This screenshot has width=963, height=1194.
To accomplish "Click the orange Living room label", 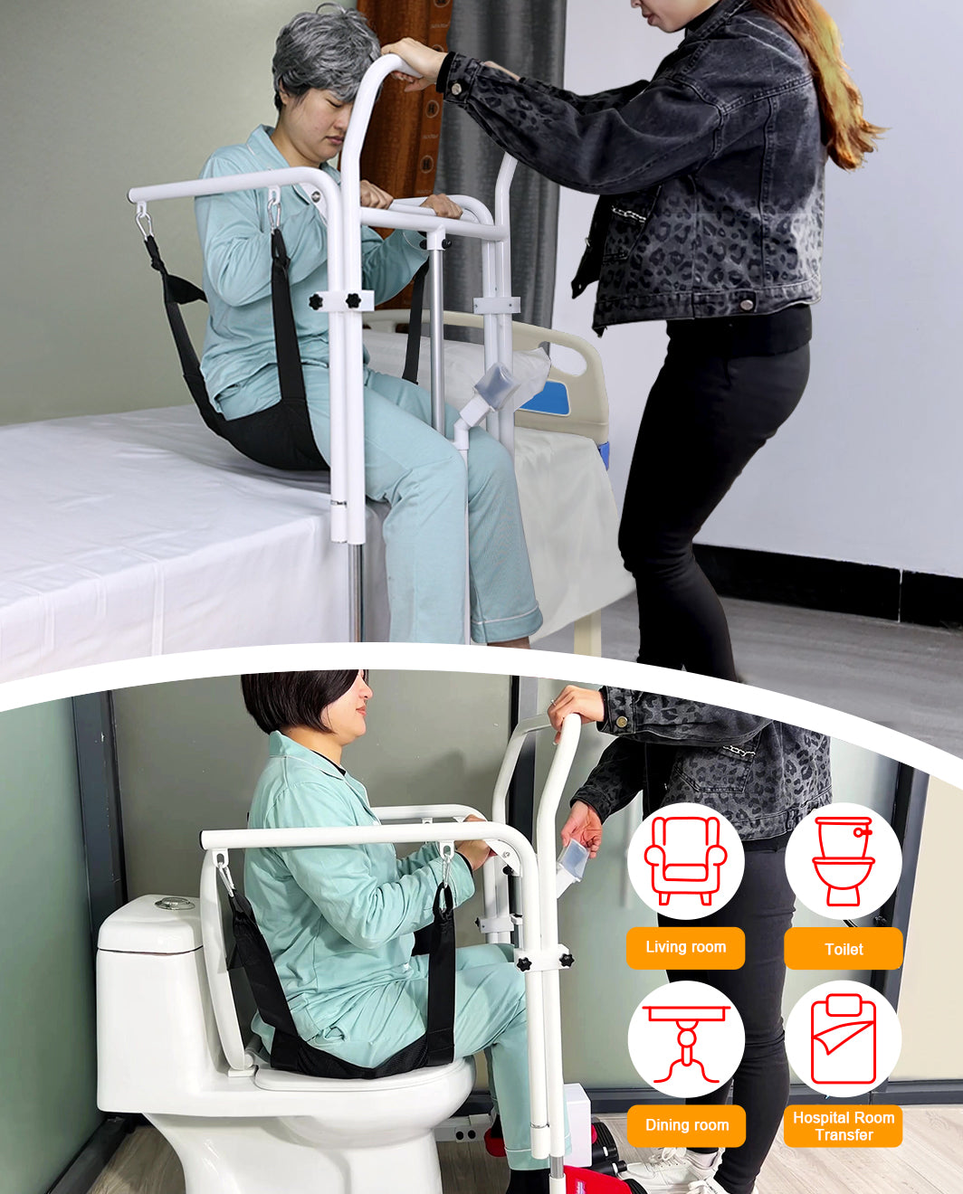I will (685, 947).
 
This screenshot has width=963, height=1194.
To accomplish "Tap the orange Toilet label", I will (843, 949).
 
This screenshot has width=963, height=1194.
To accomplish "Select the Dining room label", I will (686, 1125).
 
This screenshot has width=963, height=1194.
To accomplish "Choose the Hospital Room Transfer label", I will (843, 1126).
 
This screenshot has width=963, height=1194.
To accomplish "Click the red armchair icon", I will (685, 860).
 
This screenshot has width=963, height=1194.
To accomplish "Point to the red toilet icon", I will (843, 860).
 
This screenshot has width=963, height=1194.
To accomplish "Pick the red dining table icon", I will (686, 1040).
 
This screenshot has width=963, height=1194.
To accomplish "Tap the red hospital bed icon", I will (843, 1039).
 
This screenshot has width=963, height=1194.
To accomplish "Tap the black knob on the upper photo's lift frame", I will (316, 301).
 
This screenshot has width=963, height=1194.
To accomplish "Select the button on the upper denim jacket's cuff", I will (456, 89).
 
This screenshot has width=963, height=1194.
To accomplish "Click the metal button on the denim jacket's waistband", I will (747, 303).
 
